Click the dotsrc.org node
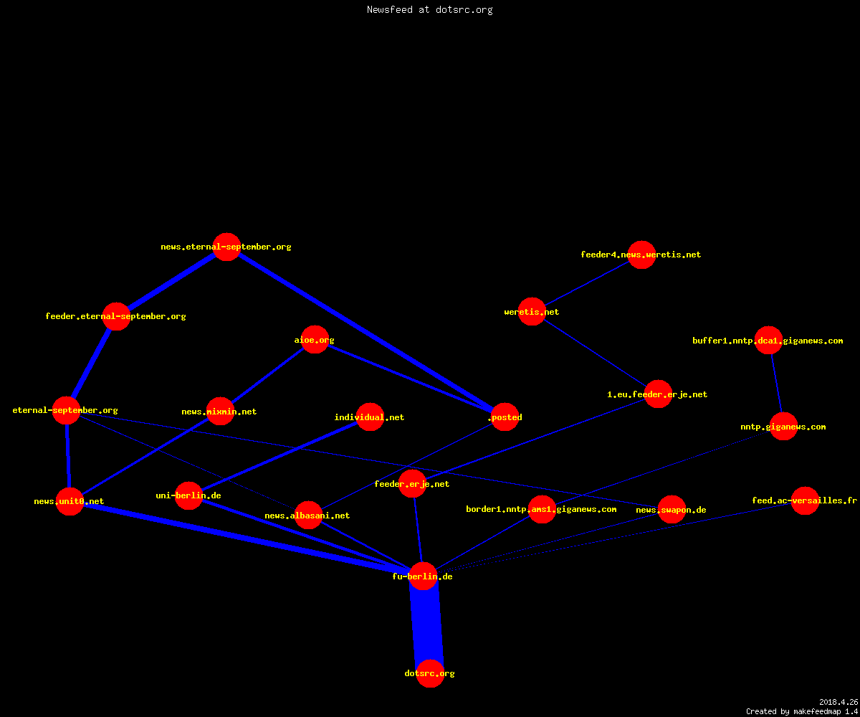430,673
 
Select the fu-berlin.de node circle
423,576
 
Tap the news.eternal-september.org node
226,247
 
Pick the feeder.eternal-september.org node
117,316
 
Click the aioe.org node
315,340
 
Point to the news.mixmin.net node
220,412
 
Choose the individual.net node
370,417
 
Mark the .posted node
505,417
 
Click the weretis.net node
532,311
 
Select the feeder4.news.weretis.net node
641,255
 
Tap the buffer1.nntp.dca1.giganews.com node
768,341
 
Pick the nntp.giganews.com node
783,427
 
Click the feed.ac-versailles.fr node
805,500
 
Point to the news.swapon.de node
672,510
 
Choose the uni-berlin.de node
188,495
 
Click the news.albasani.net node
308,515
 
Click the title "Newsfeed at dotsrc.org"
429,9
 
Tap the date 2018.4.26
838,702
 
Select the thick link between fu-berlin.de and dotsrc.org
426,625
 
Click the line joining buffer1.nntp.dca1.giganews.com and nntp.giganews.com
776,384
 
